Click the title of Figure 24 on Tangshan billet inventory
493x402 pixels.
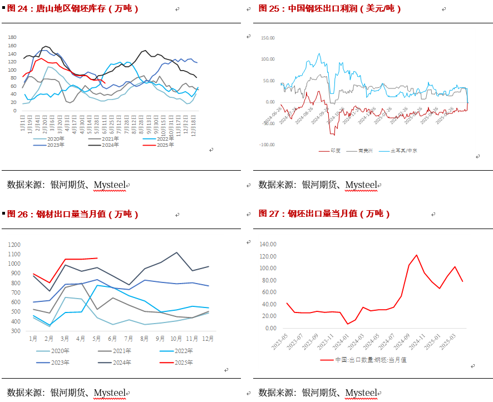tap(73, 8)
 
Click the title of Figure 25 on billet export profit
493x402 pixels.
tap(330, 8)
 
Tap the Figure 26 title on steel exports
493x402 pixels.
tap(73, 214)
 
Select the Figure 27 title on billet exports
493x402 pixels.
tap(324, 214)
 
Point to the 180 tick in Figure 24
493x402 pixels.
tap(12, 37)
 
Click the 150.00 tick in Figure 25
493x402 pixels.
tap(268, 38)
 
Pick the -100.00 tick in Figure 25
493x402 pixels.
tap(267, 145)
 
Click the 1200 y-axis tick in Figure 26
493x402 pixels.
tap(14, 245)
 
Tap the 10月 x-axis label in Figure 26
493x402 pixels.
tap(176, 339)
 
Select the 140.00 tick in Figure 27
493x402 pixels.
tap(268, 244)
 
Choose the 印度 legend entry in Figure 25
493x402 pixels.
tap(336, 151)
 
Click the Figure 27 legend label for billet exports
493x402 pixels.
tap(371, 360)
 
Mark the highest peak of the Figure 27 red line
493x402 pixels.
tap(417, 255)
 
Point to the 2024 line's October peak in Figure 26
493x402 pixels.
tap(176, 252)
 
